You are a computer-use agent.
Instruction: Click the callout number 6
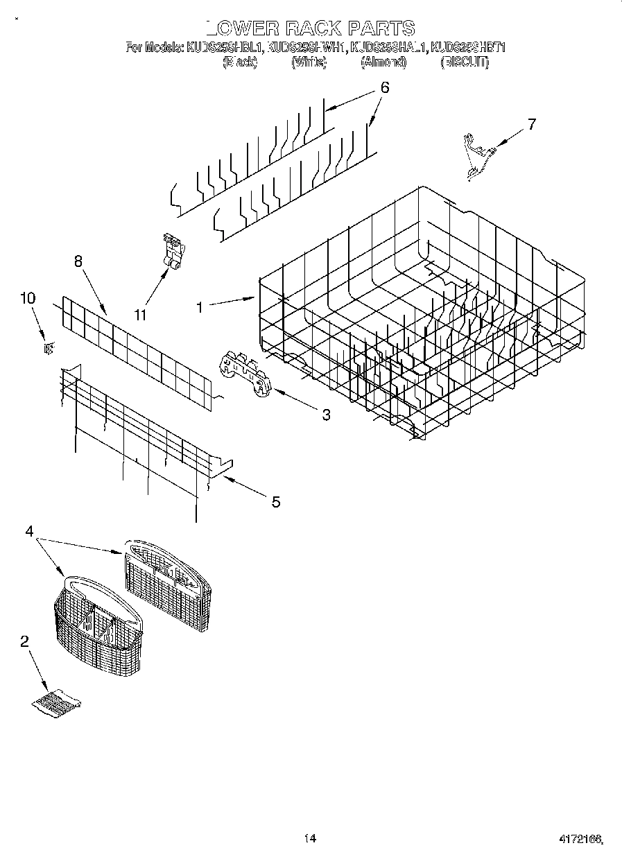[384, 88]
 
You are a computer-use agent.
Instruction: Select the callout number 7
[531, 125]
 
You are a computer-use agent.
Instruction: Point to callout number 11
[141, 315]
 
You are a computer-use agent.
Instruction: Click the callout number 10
[28, 299]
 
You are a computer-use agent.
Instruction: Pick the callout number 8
[78, 261]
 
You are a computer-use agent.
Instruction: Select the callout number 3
[325, 415]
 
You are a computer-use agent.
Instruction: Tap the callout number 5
[275, 502]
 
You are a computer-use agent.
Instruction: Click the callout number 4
[29, 531]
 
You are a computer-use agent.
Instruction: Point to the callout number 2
[25, 641]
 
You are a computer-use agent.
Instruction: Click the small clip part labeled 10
[48, 348]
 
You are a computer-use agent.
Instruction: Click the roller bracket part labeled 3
[244, 374]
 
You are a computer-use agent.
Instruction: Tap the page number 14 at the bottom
[310, 838]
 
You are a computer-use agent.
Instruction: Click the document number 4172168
[580, 839]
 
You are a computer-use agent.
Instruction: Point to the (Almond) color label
[383, 62]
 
